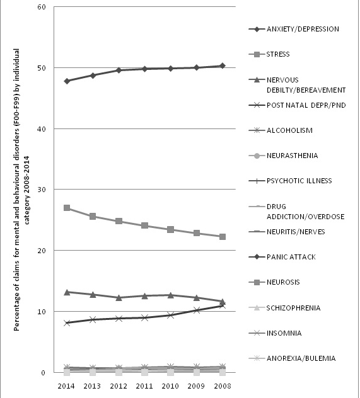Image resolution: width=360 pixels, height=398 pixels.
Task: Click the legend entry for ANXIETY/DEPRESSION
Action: (303, 29)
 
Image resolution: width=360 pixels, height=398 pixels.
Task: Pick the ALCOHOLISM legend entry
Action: (288, 130)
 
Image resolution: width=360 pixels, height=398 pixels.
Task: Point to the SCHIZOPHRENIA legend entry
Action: (293, 308)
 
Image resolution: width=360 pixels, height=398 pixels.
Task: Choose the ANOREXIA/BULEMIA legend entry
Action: (300, 358)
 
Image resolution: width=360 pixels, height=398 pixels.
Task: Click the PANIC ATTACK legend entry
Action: (290, 257)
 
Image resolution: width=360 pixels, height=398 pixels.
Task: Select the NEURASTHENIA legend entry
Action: (292, 156)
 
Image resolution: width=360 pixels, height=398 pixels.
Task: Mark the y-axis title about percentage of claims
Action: (18, 189)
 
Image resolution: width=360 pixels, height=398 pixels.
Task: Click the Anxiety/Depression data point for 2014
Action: (67, 81)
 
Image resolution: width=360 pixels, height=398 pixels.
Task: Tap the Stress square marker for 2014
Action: (67, 208)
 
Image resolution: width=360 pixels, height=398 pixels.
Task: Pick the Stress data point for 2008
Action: (223, 237)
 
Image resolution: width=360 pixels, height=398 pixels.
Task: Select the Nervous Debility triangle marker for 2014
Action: (67, 292)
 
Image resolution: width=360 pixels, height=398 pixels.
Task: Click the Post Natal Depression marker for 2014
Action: (67, 323)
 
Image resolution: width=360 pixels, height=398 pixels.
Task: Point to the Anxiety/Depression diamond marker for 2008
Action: (223, 65)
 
